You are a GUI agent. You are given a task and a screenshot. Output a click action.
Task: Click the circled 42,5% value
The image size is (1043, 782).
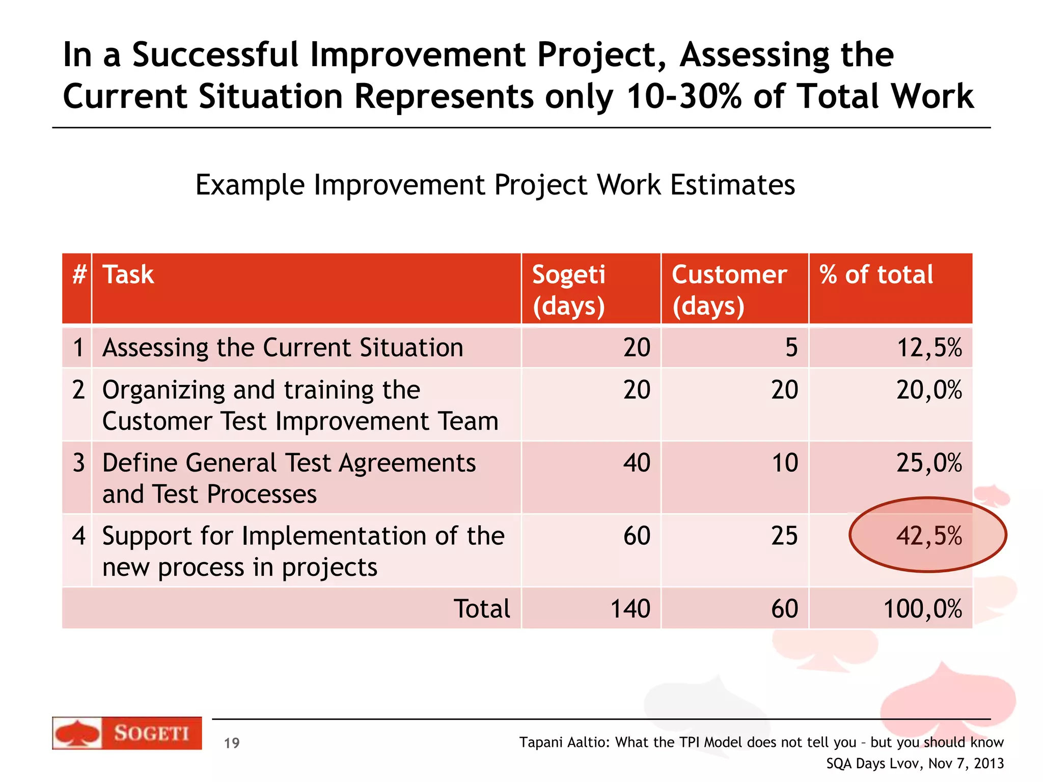pyautogui.click(x=929, y=536)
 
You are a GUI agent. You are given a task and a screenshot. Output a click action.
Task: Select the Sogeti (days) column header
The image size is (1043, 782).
pyautogui.click(x=569, y=290)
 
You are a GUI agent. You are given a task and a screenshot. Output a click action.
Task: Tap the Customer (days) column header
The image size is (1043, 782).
pyautogui.click(x=729, y=290)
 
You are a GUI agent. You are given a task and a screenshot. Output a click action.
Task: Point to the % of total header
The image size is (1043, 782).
pyautogui.click(x=876, y=275)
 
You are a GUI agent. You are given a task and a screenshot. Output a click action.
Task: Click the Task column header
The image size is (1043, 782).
pyautogui.click(x=128, y=275)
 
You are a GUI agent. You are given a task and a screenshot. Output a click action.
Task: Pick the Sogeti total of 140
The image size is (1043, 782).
pyautogui.click(x=630, y=609)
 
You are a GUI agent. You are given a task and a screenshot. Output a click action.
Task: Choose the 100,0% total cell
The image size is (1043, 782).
pyautogui.click(x=922, y=609)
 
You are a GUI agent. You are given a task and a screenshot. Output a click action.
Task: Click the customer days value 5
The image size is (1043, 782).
pyautogui.click(x=791, y=348)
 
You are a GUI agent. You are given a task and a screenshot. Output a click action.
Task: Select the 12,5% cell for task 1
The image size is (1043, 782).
pyautogui.click(x=929, y=348)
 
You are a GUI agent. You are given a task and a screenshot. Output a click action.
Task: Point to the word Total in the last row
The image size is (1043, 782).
pyautogui.click(x=481, y=609)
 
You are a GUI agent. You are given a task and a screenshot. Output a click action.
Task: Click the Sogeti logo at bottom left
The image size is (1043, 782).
pyautogui.click(x=127, y=733)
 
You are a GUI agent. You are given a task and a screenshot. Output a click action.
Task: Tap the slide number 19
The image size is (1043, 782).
pyautogui.click(x=232, y=743)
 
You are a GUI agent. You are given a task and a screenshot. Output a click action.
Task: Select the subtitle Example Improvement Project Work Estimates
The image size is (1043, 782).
pyautogui.click(x=495, y=185)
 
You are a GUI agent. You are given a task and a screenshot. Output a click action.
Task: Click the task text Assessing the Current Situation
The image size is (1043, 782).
pyautogui.click(x=283, y=348)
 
